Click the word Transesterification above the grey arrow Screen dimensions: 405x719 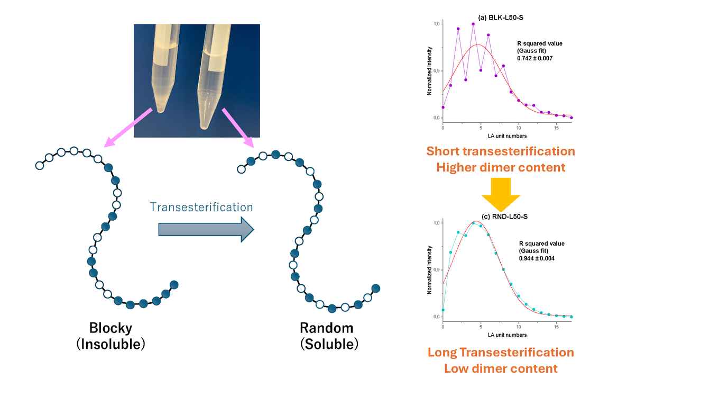click(201, 206)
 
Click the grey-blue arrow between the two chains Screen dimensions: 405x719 click(206, 229)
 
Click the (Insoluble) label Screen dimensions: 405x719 click(110, 344)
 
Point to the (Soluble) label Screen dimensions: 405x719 click(329, 344)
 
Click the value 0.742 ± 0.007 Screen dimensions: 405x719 click(534, 58)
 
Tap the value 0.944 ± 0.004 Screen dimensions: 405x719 click(536, 258)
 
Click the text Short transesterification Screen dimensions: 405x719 click(501, 151)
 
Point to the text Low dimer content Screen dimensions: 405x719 click(501, 368)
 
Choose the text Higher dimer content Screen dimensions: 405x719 click(501, 167)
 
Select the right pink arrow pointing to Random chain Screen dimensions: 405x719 click(237, 126)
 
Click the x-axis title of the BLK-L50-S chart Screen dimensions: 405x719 click(506, 136)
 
